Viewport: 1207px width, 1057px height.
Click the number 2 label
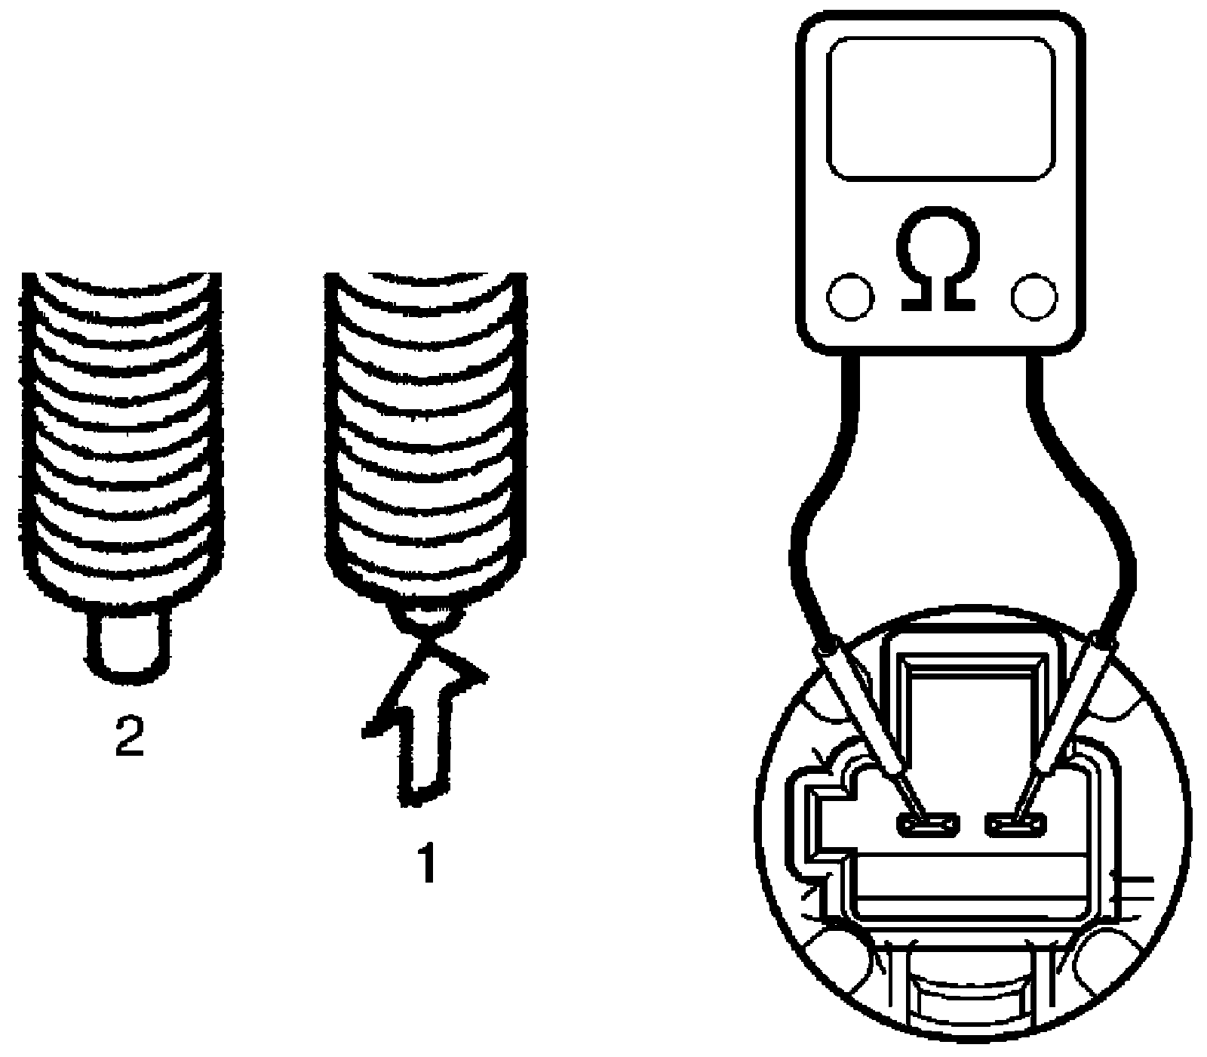tap(129, 737)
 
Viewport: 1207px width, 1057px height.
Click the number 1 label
tap(428, 862)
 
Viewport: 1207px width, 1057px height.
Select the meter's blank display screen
tap(941, 109)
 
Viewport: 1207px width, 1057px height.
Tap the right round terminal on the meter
tap(1034, 297)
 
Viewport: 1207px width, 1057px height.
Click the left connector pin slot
tap(926, 824)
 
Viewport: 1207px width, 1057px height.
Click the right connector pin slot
tap(1017, 824)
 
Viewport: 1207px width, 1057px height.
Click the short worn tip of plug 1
tap(428, 615)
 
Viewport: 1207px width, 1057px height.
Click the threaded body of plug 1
tap(424, 438)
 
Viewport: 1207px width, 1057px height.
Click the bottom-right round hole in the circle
tap(1109, 959)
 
